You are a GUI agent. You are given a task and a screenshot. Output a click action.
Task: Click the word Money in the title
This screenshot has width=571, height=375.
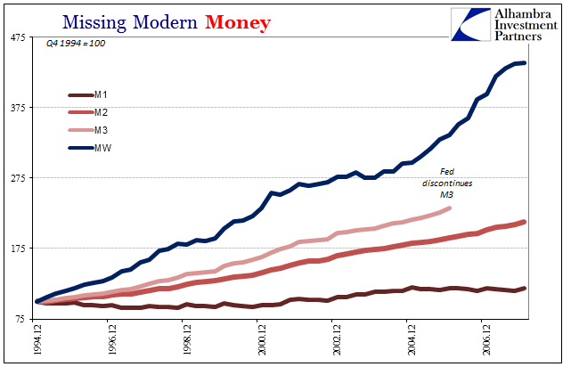pyautogui.click(x=238, y=22)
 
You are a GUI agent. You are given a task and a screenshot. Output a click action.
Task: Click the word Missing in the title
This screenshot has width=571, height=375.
pyautogui.click(x=94, y=23)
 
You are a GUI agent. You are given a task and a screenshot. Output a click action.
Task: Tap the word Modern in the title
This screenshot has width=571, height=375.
pyautogui.click(x=165, y=22)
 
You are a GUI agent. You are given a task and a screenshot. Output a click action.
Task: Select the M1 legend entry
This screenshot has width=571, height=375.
pyautogui.click(x=88, y=95)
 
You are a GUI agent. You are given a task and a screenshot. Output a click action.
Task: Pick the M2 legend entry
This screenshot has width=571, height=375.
pyautogui.click(x=88, y=112)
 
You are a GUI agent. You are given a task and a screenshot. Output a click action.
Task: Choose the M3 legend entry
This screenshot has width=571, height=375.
pyautogui.click(x=88, y=130)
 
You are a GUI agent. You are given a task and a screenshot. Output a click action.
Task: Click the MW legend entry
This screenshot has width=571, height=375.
pyautogui.click(x=90, y=148)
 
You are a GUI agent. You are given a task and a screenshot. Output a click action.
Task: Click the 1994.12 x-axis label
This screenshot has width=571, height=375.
pyautogui.click(x=37, y=339)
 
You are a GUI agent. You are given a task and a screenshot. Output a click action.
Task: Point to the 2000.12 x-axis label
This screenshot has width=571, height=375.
pyautogui.click(x=262, y=339)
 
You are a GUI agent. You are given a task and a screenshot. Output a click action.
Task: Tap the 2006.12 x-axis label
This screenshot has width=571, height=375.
pyautogui.click(x=486, y=339)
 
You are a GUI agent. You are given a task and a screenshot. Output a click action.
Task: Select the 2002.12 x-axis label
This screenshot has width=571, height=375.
pyautogui.click(x=337, y=339)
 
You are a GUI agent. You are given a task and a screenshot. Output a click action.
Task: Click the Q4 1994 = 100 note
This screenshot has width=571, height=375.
pyautogui.click(x=76, y=44)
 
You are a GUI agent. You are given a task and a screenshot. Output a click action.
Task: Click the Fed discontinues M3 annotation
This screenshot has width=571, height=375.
pyautogui.click(x=447, y=183)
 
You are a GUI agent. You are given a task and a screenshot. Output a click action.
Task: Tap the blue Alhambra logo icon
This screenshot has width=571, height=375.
pyautogui.click(x=471, y=24)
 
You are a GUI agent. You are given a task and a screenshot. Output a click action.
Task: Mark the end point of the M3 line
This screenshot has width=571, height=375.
pyautogui.click(x=449, y=208)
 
